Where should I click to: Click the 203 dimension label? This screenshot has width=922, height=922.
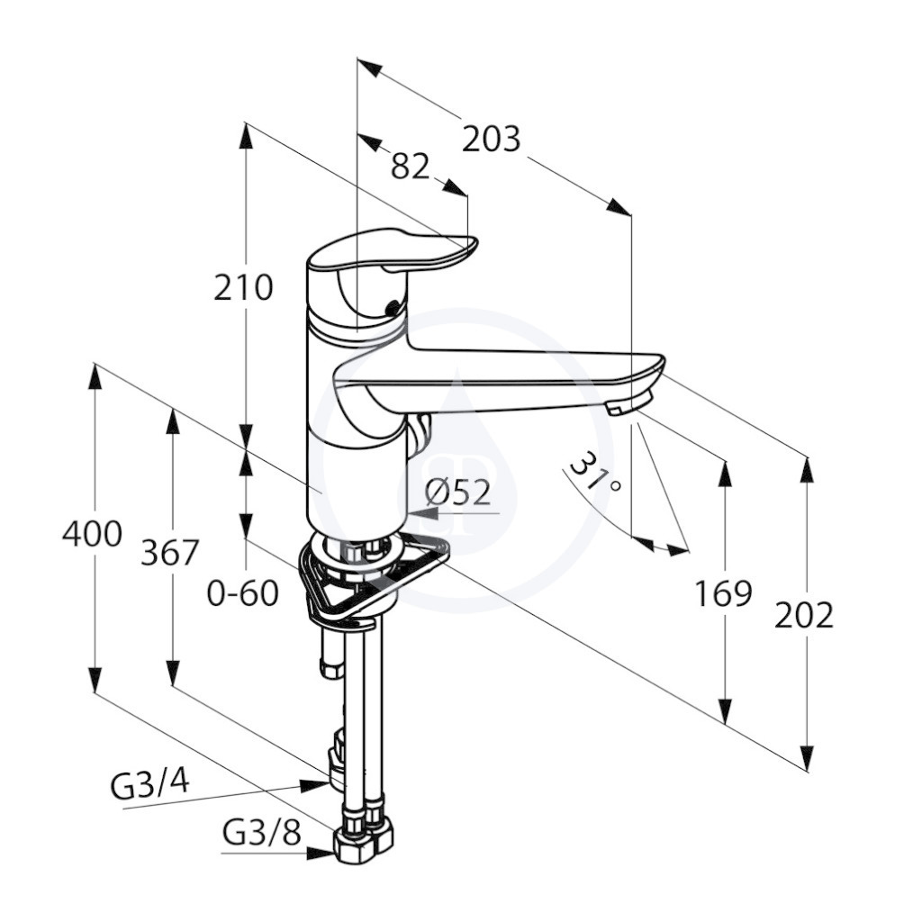491,140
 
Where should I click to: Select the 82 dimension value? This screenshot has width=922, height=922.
410,167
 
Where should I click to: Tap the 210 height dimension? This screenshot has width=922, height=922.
243,288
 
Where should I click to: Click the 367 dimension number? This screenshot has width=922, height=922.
170,553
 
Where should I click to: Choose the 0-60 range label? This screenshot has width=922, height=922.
243,593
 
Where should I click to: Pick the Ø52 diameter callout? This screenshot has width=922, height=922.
458,493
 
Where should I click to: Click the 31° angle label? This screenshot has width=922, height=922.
596,475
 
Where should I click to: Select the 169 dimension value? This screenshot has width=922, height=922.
724,593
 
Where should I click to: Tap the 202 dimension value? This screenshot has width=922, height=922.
804,615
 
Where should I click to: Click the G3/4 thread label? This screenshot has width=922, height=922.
150,785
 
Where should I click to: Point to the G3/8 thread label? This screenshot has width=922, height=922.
262,833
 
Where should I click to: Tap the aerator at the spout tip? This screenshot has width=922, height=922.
630,403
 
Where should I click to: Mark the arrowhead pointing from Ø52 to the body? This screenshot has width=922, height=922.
423,513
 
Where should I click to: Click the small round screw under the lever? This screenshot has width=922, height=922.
391,307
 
